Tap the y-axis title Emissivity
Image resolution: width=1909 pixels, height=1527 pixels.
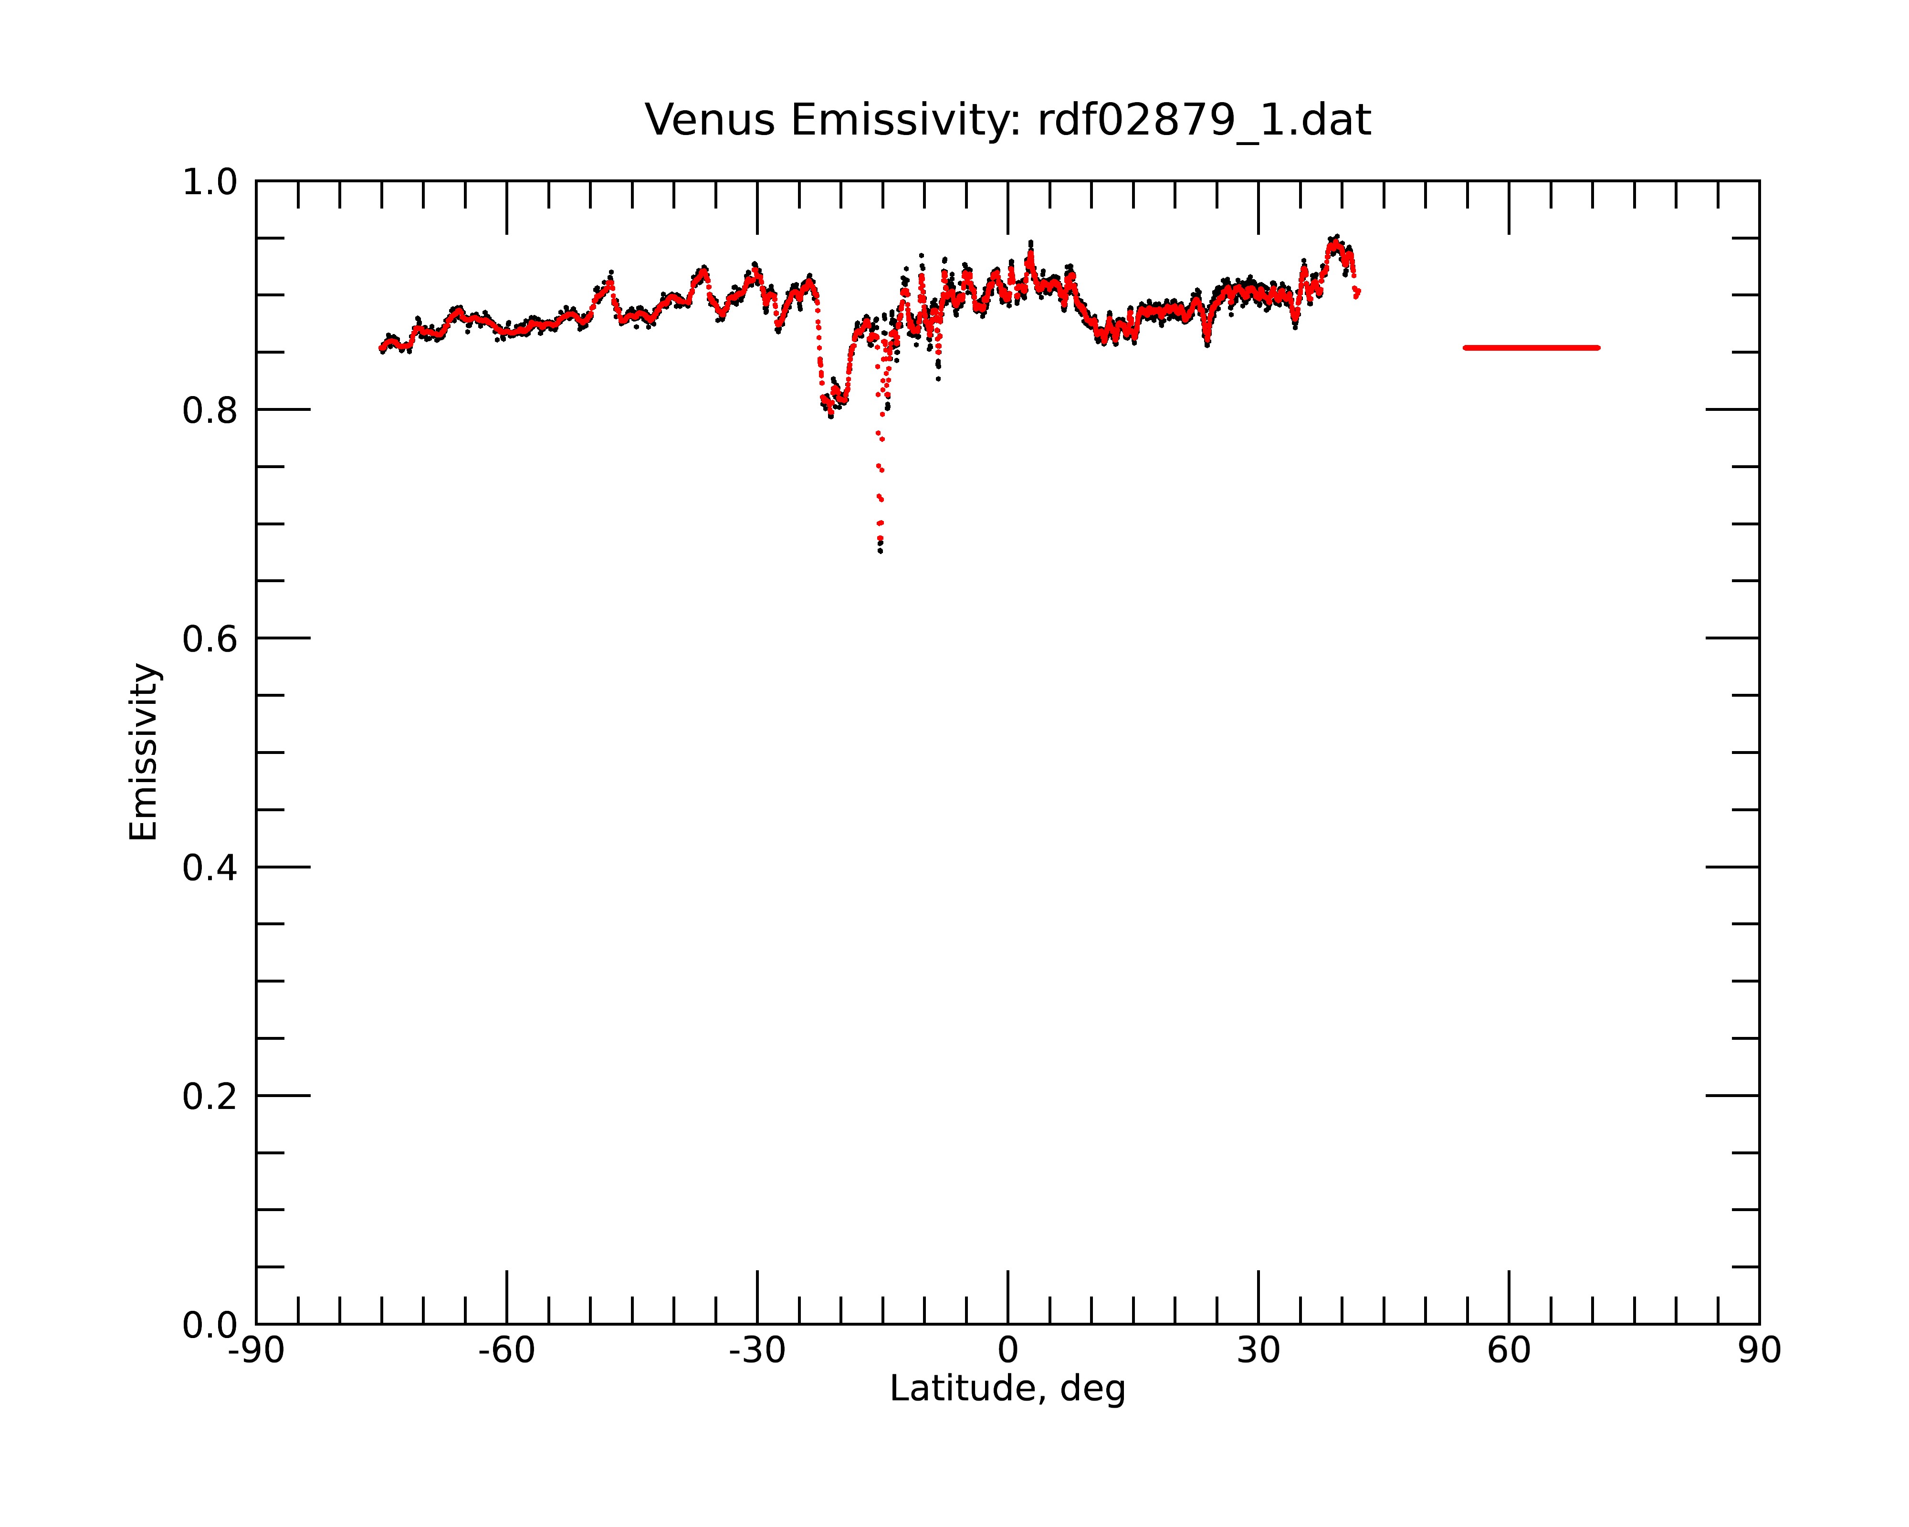(144, 753)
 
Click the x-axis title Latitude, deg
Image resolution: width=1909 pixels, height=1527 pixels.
(1007, 1389)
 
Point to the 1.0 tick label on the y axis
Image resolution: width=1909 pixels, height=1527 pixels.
(210, 182)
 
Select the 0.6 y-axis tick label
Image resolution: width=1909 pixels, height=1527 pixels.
(210, 639)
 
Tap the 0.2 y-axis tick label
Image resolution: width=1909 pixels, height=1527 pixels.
(210, 1097)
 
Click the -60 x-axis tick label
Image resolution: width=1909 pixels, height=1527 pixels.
(506, 1351)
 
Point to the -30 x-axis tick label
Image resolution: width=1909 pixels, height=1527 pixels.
(757, 1351)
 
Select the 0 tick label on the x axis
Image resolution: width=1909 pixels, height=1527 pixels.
(1007, 1351)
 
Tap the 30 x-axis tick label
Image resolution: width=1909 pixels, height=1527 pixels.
(1258, 1351)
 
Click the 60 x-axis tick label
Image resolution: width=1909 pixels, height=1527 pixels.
(1509, 1351)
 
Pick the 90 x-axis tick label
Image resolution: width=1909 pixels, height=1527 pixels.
(1759, 1351)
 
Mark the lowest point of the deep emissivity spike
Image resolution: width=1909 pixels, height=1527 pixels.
(880, 552)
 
